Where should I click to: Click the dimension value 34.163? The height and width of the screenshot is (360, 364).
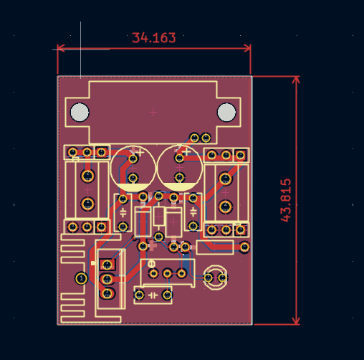153,38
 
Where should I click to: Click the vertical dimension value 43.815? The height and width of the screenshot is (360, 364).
286,200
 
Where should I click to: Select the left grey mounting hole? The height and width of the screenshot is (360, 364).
80,112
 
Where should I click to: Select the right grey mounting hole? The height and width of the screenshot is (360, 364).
226,112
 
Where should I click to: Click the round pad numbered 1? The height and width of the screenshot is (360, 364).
81,278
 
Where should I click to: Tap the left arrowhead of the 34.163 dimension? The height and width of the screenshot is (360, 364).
61,48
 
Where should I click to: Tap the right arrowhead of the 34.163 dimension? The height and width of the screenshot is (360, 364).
247,48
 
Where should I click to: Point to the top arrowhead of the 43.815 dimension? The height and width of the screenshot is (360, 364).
296,80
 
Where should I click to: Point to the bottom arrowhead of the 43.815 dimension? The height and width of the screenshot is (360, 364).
296,321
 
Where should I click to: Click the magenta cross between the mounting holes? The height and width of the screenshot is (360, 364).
153,112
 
